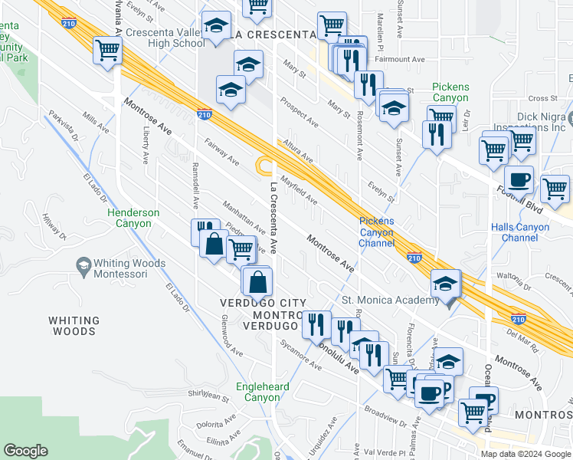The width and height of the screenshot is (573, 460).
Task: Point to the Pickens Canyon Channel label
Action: (376, 232)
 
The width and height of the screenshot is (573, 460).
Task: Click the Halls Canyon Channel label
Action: (525, 232)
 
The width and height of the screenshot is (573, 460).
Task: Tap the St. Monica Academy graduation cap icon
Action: (445, 284)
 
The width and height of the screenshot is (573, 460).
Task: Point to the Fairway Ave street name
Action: (221, 150)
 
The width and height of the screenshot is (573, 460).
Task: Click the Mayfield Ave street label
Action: (298, 191)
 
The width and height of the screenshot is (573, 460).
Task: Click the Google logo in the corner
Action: (26, 451)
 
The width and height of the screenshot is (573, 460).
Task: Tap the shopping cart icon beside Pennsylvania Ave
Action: (108, 51)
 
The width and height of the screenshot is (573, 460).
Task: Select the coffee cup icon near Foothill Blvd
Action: (519, 179)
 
